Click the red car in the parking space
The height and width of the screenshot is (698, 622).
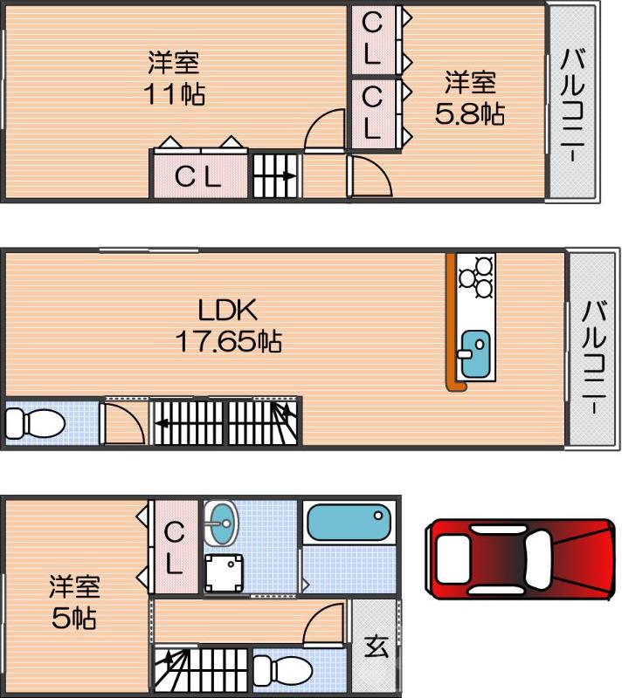[x=521, y=558]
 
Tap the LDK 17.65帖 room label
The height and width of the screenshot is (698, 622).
[x=229, y=325]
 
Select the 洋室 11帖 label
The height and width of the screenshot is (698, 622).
[x=174, y=78]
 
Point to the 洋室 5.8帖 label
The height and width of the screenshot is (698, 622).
[x=471, y=98]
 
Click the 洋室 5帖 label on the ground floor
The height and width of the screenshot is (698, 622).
[x=73, y=602]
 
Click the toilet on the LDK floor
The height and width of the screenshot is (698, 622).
[x=34, y=424]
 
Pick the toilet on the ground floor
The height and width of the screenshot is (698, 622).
[x=287, y=671]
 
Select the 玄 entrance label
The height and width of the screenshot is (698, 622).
[x=376, y=647]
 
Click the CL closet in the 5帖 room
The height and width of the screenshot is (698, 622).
[x=174, y=547]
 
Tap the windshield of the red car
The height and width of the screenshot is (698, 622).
[x=539, y=558]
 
